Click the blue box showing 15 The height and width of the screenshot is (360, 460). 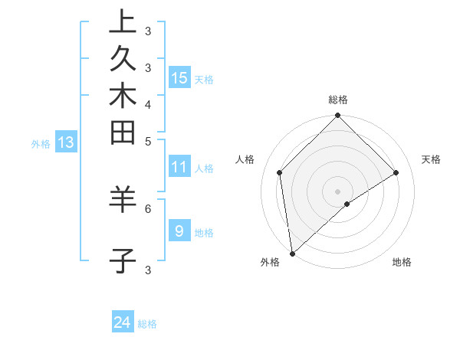point(179,77)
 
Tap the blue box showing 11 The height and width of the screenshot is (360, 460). point(179,166)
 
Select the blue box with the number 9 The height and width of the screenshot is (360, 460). point(179,231)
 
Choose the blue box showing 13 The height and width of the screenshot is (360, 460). point(66,142)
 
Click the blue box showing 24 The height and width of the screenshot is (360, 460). point(123,323)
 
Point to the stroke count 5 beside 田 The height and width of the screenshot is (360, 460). point(148,141)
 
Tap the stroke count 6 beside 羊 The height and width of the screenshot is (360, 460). point(148,208)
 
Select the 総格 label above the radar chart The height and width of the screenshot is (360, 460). point(338,100)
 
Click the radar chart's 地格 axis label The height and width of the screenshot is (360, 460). point(402,262)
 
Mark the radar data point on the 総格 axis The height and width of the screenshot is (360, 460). point(338,116)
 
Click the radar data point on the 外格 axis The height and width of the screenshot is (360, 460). point(292,254)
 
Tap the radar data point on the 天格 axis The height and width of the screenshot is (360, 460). point(396,172)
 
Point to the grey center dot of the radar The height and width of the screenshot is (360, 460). point(338,191)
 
